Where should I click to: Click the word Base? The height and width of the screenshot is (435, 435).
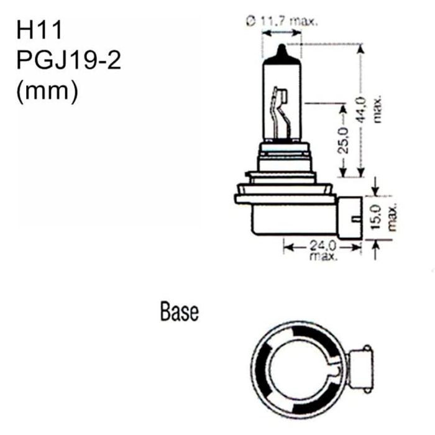coord(179,311)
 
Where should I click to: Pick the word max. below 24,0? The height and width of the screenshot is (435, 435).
coord(322,256)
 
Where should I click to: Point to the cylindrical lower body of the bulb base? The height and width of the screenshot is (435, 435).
coord(286,221)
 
